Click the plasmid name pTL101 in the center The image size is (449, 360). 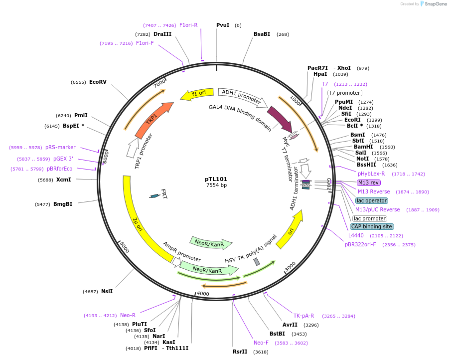click(x=216, y=179)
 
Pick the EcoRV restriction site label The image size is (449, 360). click(x=98, y=82)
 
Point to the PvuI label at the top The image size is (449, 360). click(x=223, y=25)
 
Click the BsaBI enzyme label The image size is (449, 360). click(x=262, y=34)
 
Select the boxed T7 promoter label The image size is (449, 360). click(x=344, y=93)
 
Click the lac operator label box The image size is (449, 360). click(x=372, y=200)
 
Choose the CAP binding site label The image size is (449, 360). click(x=372, y=226)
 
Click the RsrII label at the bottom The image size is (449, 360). click(x=240, y=352)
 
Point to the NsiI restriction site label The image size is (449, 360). click(x=107, y=291)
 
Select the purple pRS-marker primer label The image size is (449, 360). click(x=60, y=147)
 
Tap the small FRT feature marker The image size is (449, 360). click(x=155, y=196)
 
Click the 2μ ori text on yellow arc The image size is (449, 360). click(x=138, y=224)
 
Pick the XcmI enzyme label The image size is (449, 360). click(x=63, y=180)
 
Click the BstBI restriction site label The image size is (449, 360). click(x=277, y=334)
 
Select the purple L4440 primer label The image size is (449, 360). click(x=356, y=235)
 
